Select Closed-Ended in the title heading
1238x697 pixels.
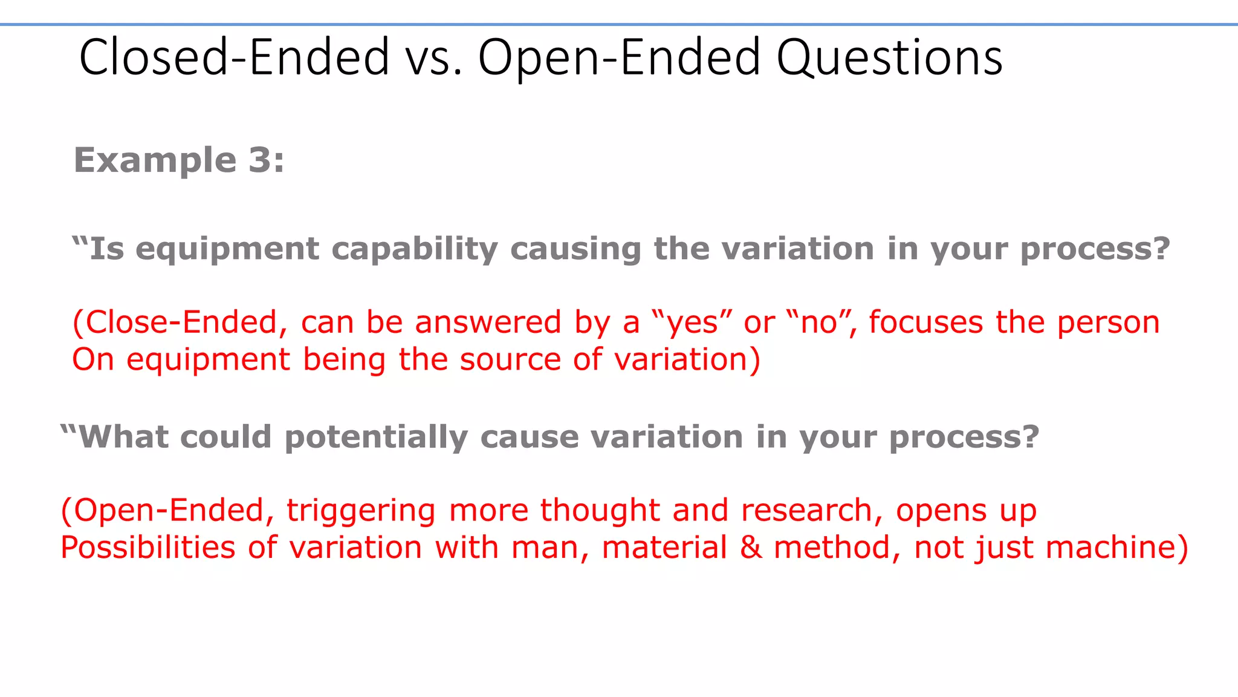[234, 58]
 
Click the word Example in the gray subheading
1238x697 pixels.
[155, 161]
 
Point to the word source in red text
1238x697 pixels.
[510, 360]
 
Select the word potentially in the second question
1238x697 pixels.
[376, 437]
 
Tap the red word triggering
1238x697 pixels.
[361, 511]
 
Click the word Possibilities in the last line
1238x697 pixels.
[148, 548]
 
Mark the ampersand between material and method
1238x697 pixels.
[751, 548]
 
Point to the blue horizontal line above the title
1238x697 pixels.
[619, 25]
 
